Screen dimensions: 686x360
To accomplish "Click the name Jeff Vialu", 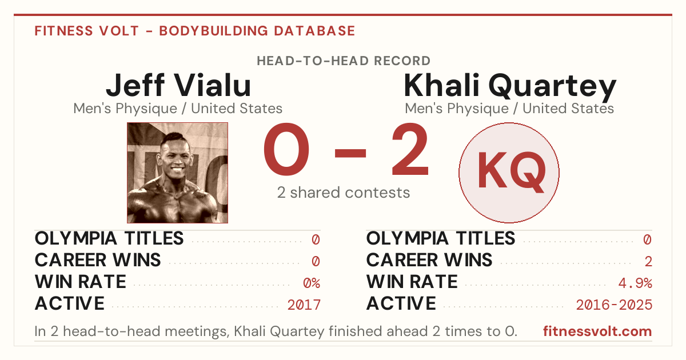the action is tap(178, 85).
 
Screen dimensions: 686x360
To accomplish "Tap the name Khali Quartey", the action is tap(510, 86).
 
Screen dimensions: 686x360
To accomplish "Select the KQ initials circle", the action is tap(509, 173).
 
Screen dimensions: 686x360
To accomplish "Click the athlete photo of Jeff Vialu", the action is tap(177, 173).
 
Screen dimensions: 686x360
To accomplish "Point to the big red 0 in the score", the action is tap(286, 149).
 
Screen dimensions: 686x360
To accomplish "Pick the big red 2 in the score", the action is tap(410, 149).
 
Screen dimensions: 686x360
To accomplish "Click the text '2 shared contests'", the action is tap(344, 193).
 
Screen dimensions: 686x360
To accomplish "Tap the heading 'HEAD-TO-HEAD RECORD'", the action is tap(344, 61).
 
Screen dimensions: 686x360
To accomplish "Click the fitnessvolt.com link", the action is tap(597, 331).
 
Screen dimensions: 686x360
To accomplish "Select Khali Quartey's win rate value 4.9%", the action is tap(635, 283).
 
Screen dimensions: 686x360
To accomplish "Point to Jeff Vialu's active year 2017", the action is tap(304, 305).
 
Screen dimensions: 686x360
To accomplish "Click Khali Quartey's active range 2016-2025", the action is tap(614, 305).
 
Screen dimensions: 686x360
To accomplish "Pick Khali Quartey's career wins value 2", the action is tap(648, 262).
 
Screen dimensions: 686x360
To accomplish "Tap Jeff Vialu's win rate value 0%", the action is tap(312, 283).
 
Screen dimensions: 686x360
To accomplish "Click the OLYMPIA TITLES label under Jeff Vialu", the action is tap(109, 238).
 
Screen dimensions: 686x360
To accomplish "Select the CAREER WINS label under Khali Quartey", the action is tap(429, 260).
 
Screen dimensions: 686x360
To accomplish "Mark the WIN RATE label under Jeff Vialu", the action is tap(81, 282).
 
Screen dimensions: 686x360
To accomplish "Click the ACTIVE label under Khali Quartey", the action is tap(401, 303).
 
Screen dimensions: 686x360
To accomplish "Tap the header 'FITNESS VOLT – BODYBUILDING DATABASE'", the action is tap(195, 31).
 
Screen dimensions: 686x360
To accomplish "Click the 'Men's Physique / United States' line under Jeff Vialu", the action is tap(178, 109).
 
